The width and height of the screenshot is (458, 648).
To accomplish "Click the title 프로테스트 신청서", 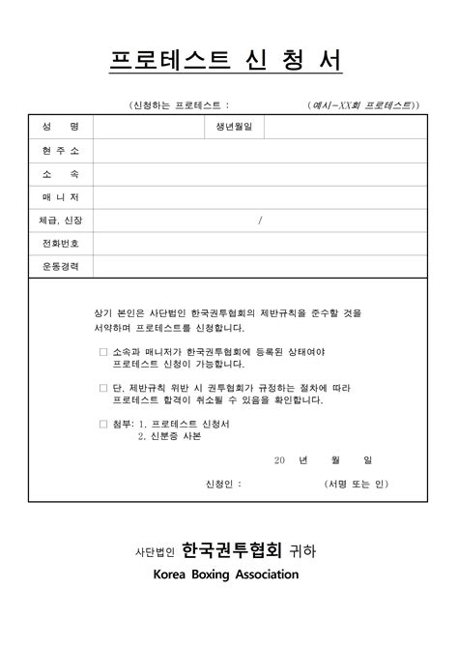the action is point(226,61).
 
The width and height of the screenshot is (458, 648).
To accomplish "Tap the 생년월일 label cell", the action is point(232,128).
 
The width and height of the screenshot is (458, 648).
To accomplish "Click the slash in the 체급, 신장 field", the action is point(260,221).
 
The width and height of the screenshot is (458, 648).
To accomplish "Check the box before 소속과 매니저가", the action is point(103,352).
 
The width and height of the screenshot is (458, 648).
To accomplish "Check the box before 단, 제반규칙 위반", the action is point(103,387).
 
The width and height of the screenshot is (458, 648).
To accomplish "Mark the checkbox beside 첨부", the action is point(103,424).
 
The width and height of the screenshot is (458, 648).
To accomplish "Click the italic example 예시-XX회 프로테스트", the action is point(363,103).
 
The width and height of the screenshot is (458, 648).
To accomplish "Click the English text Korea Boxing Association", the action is point(226,574).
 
